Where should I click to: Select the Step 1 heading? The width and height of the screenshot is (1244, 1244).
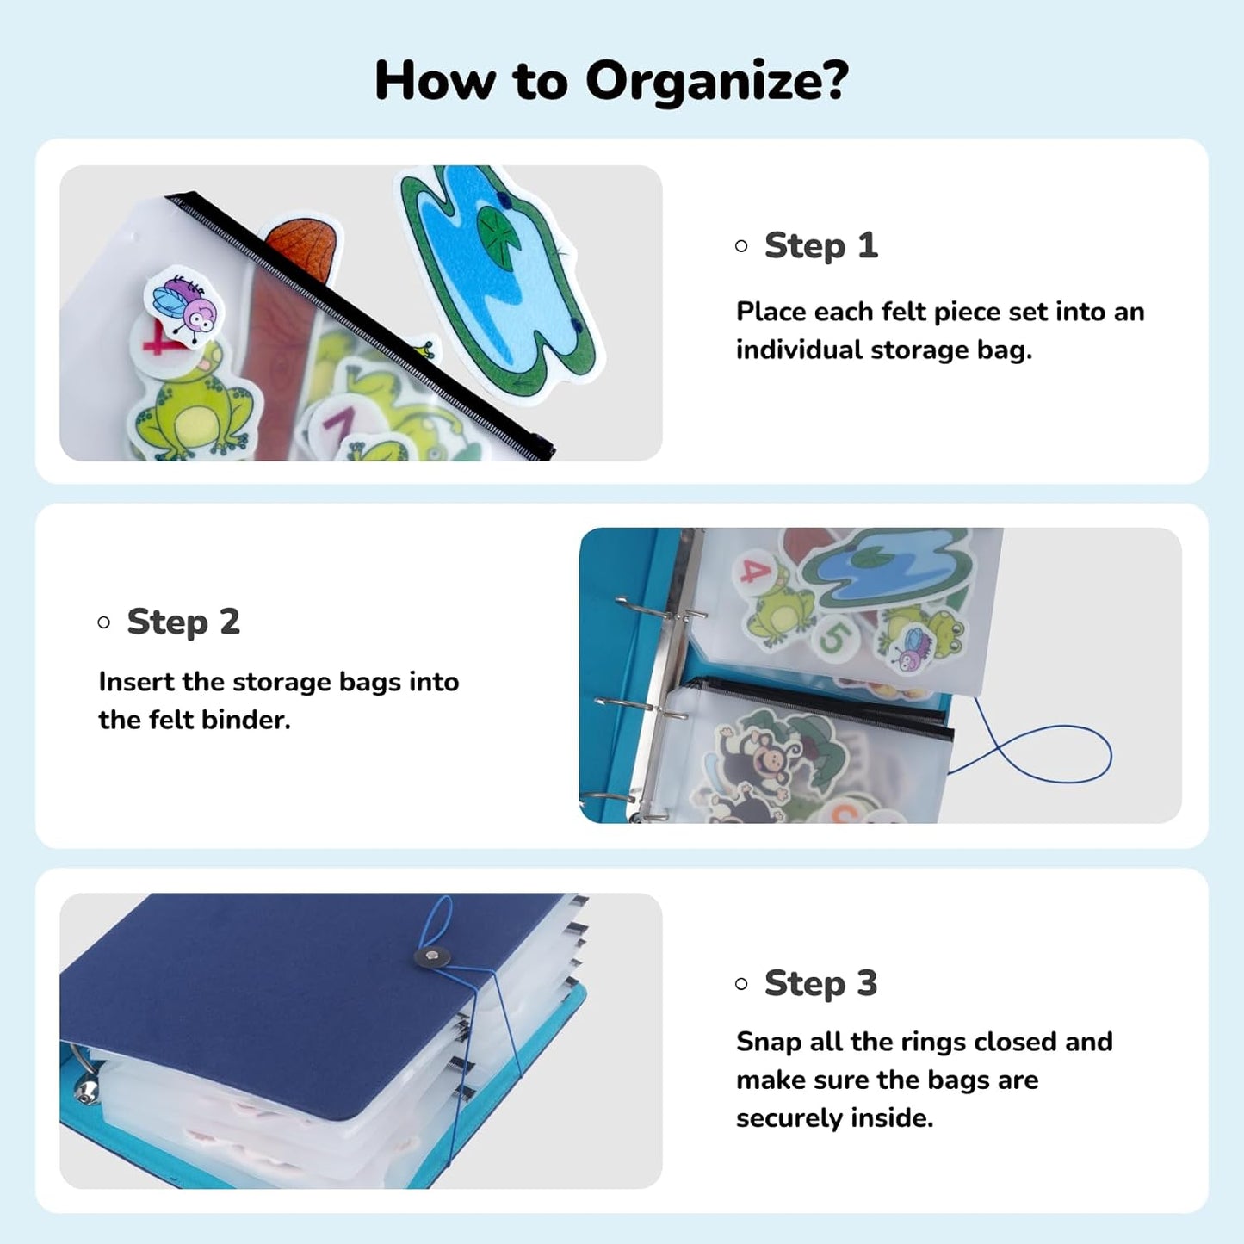(820, 245)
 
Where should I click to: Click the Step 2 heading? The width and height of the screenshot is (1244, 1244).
(183, 622)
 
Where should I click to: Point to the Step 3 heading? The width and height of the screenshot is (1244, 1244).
(820, 983)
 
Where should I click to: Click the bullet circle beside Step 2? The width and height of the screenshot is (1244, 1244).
(104, 622)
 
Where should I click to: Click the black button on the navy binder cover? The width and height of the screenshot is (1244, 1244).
(432, 956)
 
